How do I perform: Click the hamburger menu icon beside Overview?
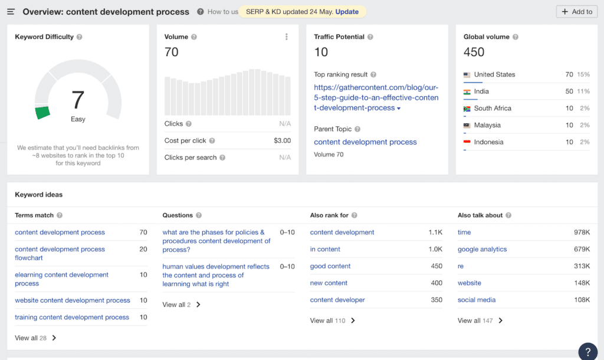11,12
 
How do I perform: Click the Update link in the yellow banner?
347,12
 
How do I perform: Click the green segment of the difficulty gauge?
42,113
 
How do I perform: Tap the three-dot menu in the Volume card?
287,37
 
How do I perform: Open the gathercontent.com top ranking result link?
376,97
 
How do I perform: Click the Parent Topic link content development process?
365,142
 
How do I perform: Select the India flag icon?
467,91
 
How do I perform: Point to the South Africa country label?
493,109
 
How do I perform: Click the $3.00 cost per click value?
282,140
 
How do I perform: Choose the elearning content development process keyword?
61,279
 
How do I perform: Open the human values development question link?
215,275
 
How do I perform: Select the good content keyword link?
330,266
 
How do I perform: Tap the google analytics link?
482,250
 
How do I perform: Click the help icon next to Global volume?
516,37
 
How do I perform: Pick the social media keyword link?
476,300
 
